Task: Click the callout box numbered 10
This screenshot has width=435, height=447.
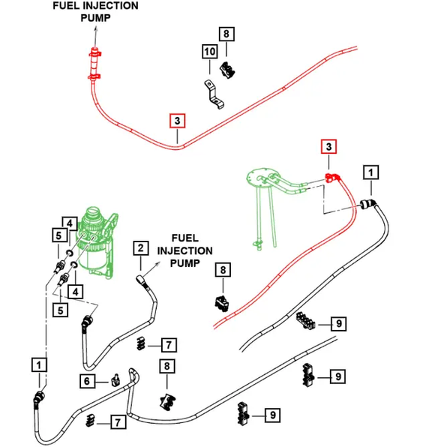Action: (209, 52)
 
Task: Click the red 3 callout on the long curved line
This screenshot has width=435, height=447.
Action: (177, 120)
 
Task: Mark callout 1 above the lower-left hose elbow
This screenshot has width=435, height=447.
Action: (38, 364)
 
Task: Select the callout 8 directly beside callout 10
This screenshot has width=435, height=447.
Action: (225, 33)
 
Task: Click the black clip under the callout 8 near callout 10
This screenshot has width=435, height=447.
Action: (226, 68)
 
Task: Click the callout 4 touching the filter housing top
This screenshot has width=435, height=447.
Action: (67, 223)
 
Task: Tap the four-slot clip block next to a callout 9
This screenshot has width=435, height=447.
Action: (304, 321)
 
